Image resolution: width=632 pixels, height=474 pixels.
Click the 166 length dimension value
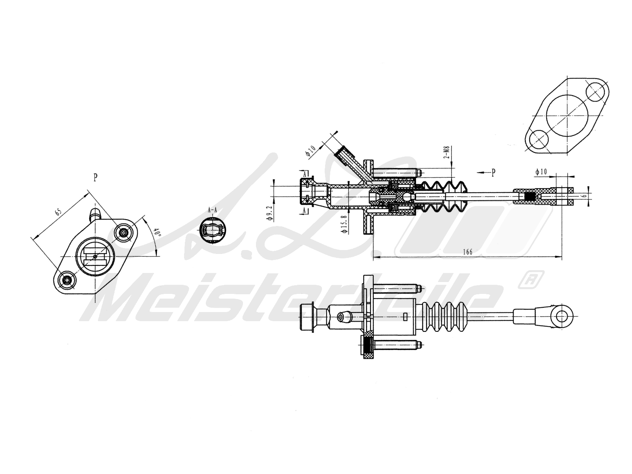click(467, 252)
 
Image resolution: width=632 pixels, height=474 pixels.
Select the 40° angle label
click(157, 233)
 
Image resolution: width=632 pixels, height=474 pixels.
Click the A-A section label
click(213, 211)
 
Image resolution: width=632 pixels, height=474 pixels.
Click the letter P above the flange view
click(95, 177)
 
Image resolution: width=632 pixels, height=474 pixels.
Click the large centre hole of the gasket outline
click(566, 117)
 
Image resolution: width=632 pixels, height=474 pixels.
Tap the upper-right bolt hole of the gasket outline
click(596, 92)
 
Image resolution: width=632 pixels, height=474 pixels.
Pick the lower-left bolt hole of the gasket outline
click(538, 139)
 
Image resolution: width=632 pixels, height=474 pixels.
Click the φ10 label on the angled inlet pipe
click(311, 150)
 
